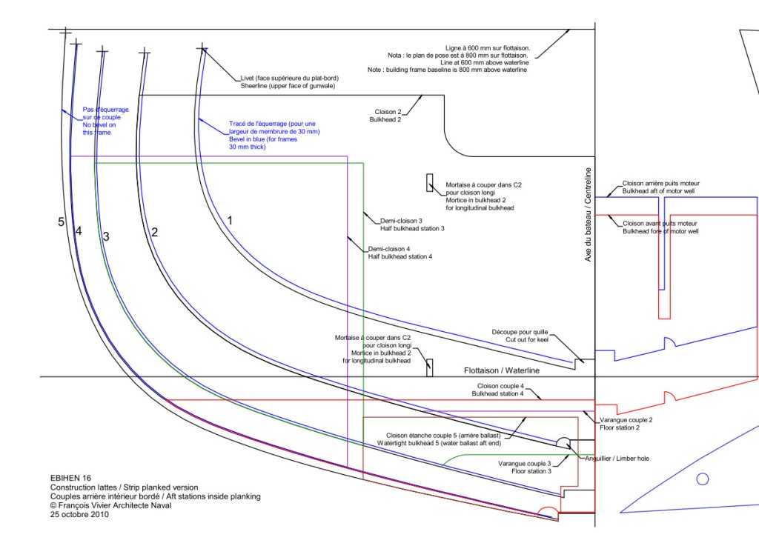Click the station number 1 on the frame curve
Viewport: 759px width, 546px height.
[230, 220]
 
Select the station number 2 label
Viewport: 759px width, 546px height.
[154, 232]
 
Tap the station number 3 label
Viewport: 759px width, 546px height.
[106, 236]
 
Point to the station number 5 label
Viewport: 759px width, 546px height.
[62, 222]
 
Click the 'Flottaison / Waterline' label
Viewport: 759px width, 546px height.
[502, 370]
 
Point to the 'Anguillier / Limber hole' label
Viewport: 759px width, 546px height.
[616, 459]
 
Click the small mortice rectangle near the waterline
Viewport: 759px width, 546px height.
[429, 367]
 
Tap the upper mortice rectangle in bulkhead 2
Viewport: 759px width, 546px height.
[429, 183]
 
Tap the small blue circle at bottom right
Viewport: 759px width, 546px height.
[703, 479]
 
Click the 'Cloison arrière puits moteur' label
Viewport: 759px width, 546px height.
[660, 187]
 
